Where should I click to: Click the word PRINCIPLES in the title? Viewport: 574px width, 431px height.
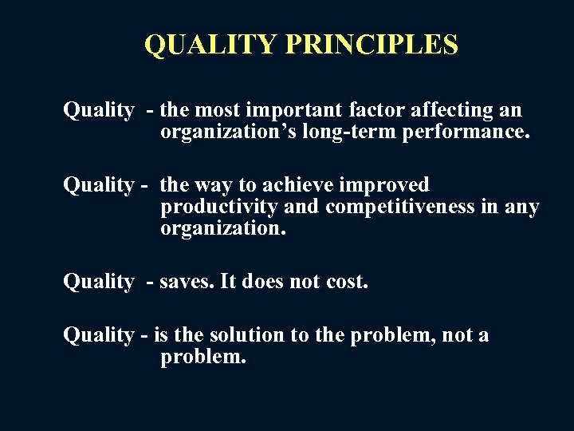pyautogui.click(x=371, y=45)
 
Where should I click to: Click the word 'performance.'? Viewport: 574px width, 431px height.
pyautogui.click(x=466, y=131)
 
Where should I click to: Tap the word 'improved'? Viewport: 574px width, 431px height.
pyautogui.click(x=385, y=185)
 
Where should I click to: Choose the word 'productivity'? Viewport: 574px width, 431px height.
pyautogui.click(x=218, y=208)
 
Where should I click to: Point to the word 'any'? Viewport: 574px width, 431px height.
pyautogui.click(x=522, y=208)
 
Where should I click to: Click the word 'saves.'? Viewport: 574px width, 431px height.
pyautogui.click(x=183, y=281)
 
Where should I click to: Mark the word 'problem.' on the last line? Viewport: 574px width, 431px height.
pyautogui.click(x=203, y=357)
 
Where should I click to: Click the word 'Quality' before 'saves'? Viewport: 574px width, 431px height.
pyautogui.click(x=98, y=281)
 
